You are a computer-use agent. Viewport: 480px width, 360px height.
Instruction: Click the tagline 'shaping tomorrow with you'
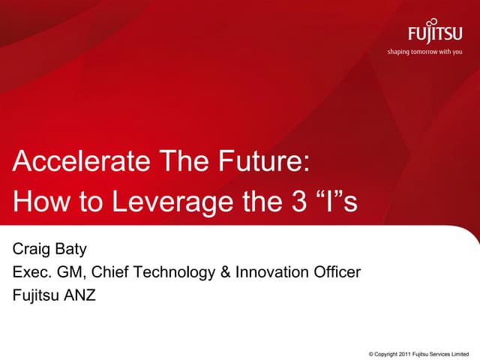click(424, 52)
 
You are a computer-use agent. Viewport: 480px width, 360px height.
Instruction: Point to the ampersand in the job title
click(225, 272)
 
